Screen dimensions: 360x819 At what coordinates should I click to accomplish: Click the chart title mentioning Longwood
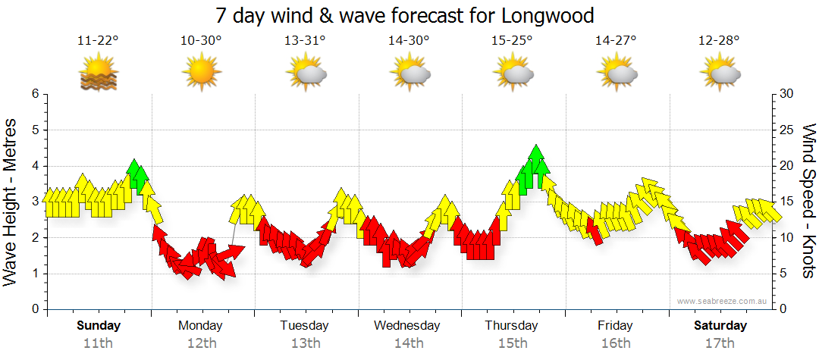(404, 15)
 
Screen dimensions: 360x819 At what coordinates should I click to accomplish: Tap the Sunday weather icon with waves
(99, 74)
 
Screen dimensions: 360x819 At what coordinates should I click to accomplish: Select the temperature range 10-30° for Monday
(202, 40)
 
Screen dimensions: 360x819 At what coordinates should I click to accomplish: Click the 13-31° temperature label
(306, 40)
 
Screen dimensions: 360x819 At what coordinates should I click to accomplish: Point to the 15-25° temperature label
(512, 40)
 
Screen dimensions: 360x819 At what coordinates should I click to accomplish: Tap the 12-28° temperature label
(719, 40)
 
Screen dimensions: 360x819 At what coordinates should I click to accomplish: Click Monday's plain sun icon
(200, 74)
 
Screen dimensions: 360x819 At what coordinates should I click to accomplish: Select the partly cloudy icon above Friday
(616, 74)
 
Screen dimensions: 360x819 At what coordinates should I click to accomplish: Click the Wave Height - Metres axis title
(11, 202)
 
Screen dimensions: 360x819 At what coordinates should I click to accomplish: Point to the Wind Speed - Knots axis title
(808, 202)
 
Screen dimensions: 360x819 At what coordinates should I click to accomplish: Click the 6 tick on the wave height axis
(34, 94)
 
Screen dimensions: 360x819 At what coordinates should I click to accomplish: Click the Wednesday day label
(407, 326)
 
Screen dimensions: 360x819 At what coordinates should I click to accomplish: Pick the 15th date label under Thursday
(512, 343)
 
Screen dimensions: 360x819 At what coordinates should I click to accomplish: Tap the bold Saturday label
(720, 326)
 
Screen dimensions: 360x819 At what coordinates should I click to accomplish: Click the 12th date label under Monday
(200, 343)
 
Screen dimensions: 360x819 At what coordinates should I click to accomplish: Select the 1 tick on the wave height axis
(34, 274)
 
